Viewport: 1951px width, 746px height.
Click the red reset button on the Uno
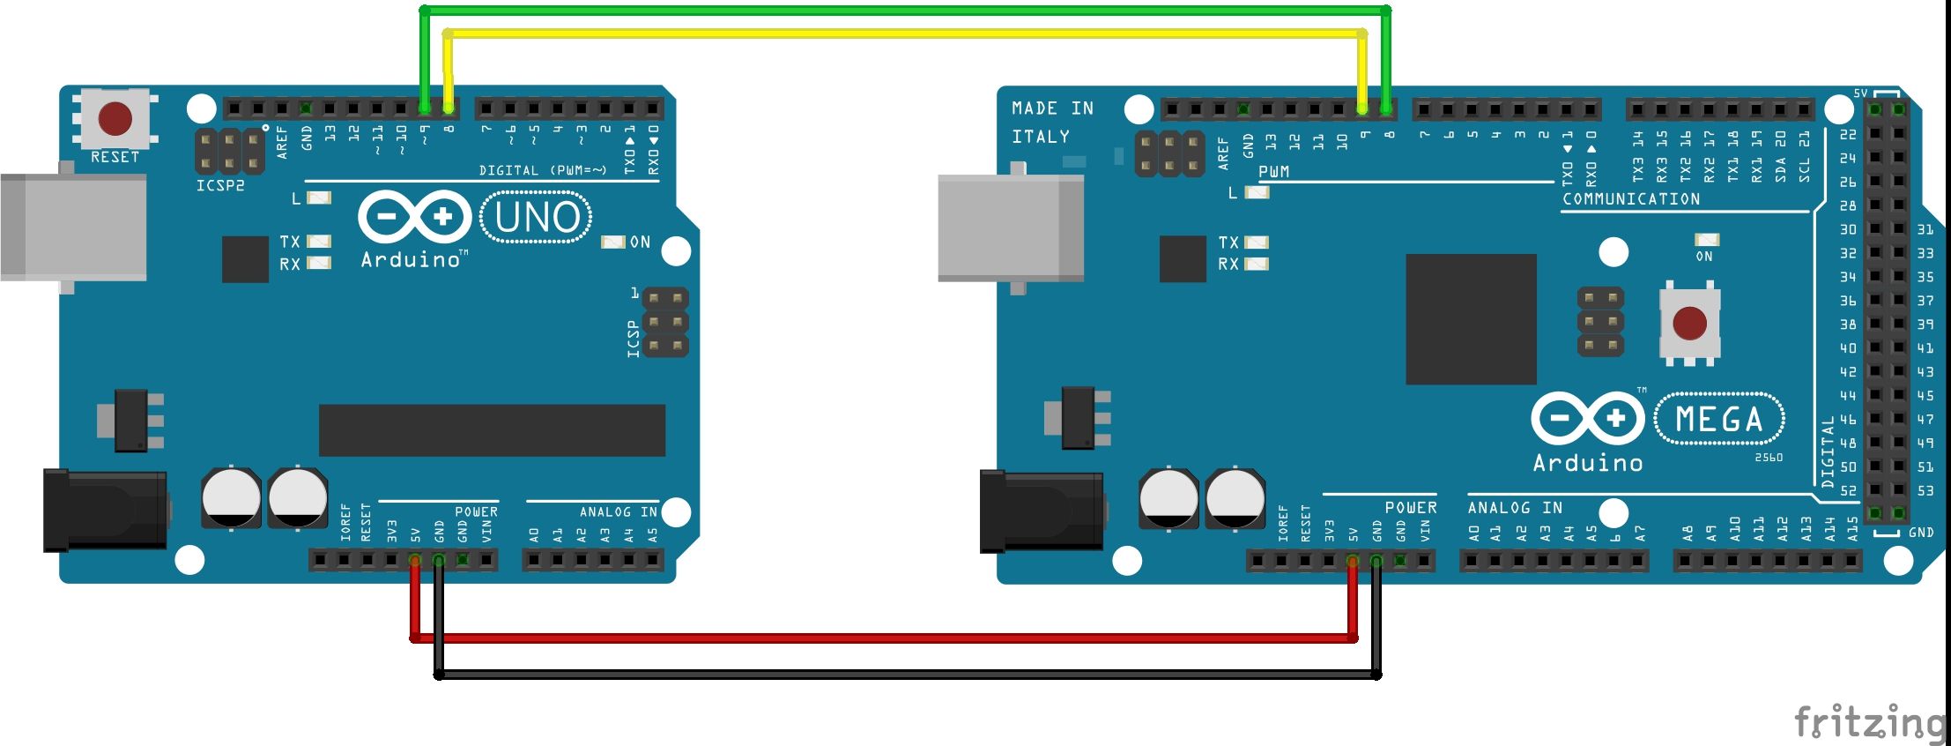[x=115, y=118]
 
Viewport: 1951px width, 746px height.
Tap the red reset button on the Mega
[x=1688, y=323]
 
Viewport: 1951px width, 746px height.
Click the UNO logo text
[x=537, y=218]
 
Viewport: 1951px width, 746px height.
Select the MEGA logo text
[x=1718, y=420]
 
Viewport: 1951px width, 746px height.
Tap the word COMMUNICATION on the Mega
[x=1631, y=199]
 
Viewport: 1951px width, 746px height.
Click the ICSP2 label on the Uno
[x=220, y=186]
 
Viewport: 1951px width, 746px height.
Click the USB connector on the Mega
[x=1011, y=228]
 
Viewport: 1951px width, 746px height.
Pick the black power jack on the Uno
[x=105, y=511]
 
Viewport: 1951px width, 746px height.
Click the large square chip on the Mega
[x=1471, y=319]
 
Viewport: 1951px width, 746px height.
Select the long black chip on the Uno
[x=492, y=430]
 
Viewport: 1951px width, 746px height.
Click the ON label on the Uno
[x=640, y=242]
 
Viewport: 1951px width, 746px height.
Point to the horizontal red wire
[x=881, y=638]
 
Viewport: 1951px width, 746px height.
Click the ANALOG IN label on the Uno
[x=618, y=511]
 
